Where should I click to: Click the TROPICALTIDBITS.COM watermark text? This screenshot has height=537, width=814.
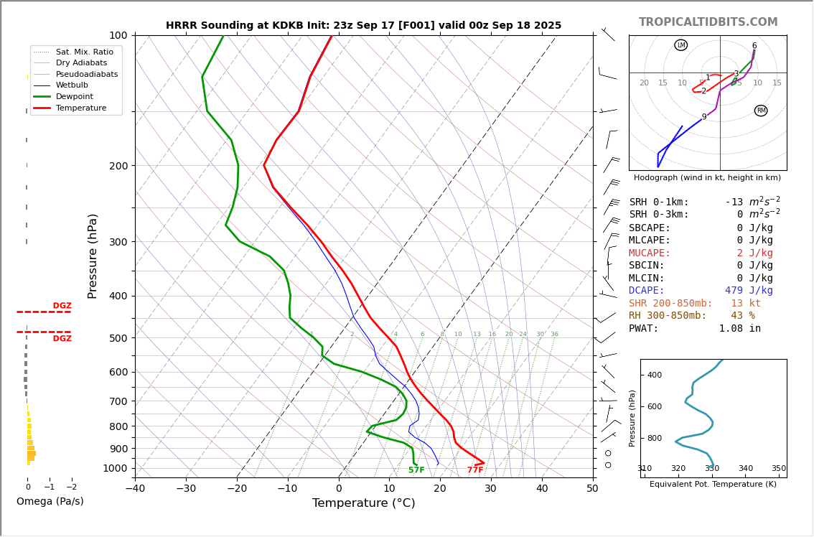(x=708, y=22)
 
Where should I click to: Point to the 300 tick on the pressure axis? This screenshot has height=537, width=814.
(x=118, y=242)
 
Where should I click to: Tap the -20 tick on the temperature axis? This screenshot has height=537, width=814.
(x=237, y=489)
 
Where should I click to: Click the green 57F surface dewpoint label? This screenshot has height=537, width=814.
(x=416, y=470)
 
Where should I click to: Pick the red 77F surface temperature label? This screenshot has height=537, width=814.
(x=475, y=470)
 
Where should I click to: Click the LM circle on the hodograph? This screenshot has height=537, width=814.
(x=680, y=45)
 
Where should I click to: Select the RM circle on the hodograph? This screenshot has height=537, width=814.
(x=761, y=111)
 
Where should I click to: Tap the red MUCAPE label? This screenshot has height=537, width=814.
(x=650, y=253)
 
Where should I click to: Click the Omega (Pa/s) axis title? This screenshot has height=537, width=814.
(x=50, y=501)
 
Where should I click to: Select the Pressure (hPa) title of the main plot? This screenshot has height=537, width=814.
(x=93, y=256)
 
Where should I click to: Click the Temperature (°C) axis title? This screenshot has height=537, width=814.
(x=363, y=503)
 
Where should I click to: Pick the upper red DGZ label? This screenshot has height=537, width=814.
(x=62, y=306)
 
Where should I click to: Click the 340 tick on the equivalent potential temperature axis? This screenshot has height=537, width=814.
(x=745, y=469)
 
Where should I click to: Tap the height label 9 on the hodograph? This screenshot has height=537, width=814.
(x=704, y=117)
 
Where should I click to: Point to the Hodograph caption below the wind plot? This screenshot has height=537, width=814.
(x=707, y=177)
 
